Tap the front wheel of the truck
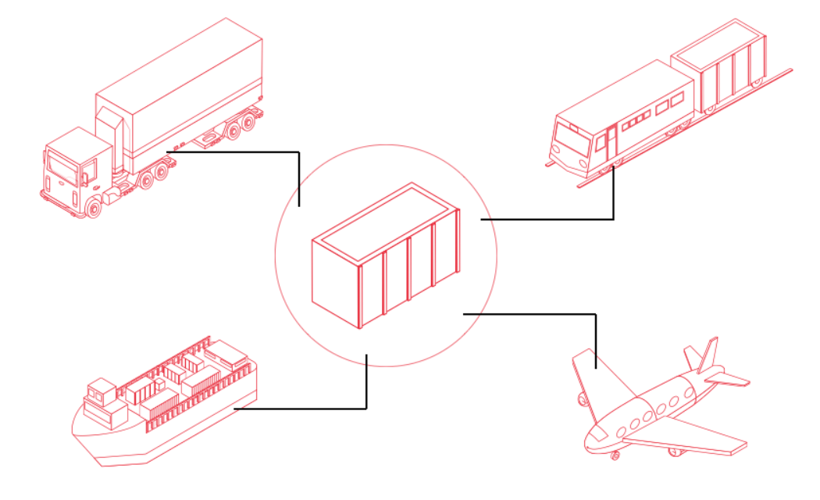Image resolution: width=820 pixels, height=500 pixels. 94,206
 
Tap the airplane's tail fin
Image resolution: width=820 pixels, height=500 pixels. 708,355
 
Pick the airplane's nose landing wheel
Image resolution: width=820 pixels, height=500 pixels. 615,455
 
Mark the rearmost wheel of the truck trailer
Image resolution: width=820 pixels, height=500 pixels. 248,122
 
